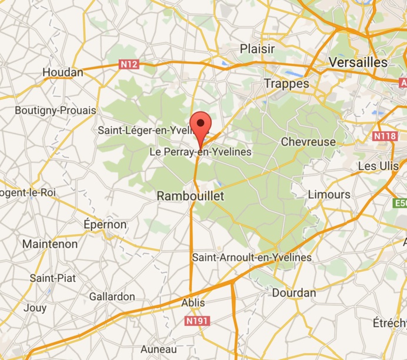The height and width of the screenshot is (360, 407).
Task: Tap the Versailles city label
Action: pyautogui.click(x=358, y=62)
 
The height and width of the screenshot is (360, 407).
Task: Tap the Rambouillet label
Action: pyautogui.click(x=191, y=196)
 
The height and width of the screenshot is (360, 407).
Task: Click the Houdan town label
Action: pyautogui.click(x=63, y=72)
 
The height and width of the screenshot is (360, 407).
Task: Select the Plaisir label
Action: pyautogui.click(x=258, y=49)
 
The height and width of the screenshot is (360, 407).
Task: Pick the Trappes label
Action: pyautogui.click(x=286, y=84)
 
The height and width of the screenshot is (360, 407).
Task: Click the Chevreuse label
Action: pyautogui.click(x=308, y=142)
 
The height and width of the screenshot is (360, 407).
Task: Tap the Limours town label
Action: pyautogui.click(x=329, y=195)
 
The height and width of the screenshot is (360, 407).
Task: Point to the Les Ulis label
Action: pyautogui.click(x=378, y=166)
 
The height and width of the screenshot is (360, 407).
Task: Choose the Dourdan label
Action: pyautogui.click(x=293, y=292)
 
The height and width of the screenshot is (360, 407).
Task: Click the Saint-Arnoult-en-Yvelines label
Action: pyautogui.click(x=252, y=258)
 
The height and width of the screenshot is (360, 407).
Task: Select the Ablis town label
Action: pyautogui.click(x=194, y=303)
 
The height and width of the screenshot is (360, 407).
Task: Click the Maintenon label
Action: pyautogui.click(x=49, y=244)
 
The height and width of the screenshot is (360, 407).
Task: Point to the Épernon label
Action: pyautogui.click(x=105, y=225)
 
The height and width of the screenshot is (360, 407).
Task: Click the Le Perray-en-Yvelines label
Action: pyautogui.click(x=201, y=152)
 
